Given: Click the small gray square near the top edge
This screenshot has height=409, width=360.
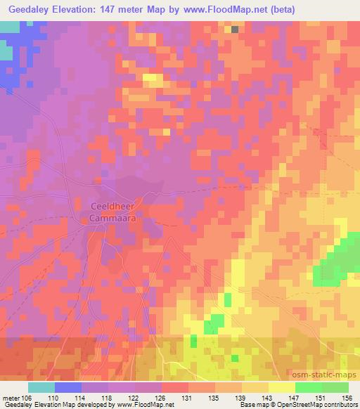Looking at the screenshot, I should pyautogui.click(x=234, y=30).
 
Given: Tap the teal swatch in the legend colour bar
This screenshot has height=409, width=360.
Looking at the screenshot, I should pyautogui.click(x=41, y=387).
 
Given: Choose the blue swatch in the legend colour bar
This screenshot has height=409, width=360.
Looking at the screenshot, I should pyautogui.click(x=68, y=387).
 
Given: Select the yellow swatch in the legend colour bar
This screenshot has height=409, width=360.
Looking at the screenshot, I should pyautogui.click(x=281, y=387).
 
